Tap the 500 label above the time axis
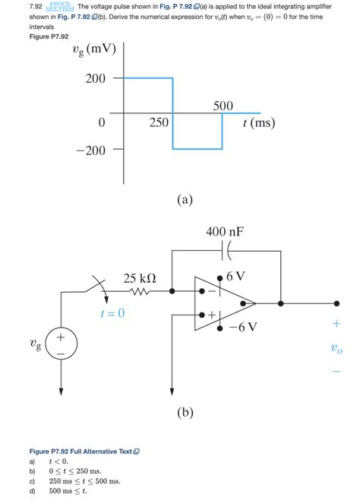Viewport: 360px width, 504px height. (x=223, y=106)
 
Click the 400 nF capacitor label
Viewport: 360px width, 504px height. (x=226, y=231)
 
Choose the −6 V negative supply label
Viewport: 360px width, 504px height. (x=242, y=327)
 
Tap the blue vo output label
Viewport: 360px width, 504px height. (x=336, y=350)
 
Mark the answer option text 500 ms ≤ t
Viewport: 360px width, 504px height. (x=68, y=491)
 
